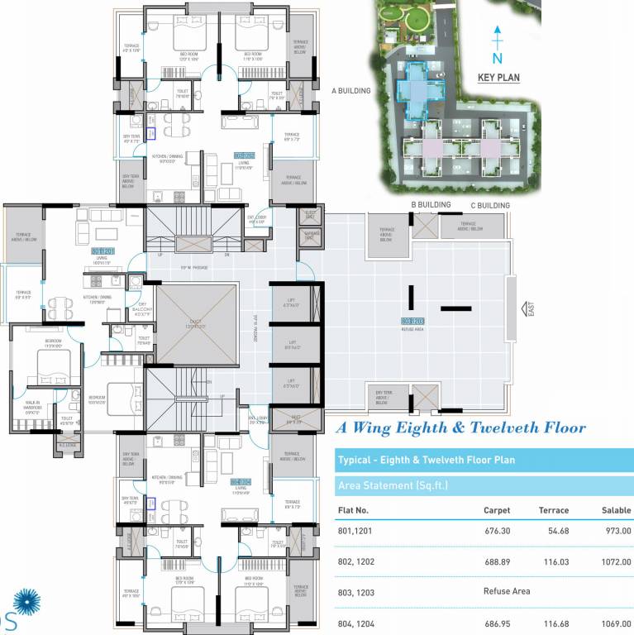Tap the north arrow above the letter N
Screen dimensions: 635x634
[x=498, y=38]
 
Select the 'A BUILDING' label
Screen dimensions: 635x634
[x=351, y=91]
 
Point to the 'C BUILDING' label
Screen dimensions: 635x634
[x=490, y=205]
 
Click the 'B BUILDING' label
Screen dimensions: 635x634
[x=431, y=204]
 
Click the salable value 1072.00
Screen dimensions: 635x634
[x=617, y=561]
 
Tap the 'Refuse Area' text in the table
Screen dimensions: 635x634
[x=507, y=592]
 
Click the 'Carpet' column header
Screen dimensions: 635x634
[x=497, y=510]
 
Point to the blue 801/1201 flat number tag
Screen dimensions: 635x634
[x=102, y=251]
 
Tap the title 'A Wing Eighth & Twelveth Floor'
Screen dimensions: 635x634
[x=460, y=428]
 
